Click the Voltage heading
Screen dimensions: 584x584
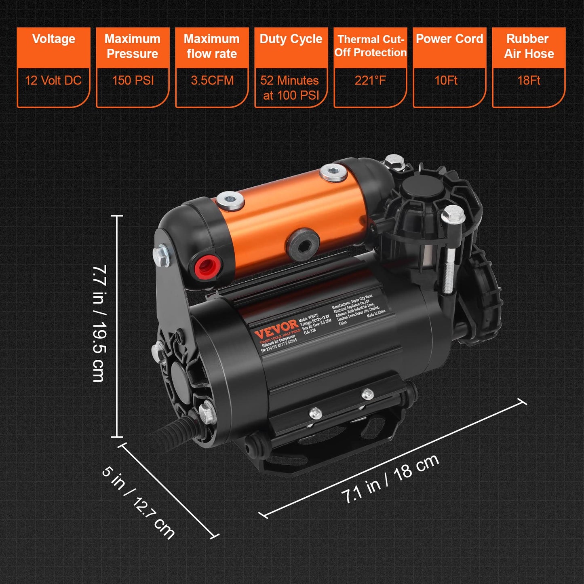[x=53, y=39]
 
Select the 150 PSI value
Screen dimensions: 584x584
[x=133, y=80]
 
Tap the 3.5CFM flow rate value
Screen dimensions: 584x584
[x=212, y=80]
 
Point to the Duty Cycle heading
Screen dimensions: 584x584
[x=291, y=39]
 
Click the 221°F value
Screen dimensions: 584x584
[x=370, y=80]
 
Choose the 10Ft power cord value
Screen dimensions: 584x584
[x=446, y=80]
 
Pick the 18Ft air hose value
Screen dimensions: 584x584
[x=529, y=80]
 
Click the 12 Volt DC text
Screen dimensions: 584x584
[x=53, y=80]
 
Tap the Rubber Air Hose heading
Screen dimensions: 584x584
[x=529, y=46]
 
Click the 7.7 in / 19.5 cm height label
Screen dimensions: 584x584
[x=99, y=323]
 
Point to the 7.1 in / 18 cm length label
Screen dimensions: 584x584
[x=390, y=479]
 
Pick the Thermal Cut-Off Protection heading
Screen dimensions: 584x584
[x=370, y=46]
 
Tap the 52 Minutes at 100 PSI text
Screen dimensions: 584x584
[x=290, y=88]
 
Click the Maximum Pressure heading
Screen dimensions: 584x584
[x=133, y=46]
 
